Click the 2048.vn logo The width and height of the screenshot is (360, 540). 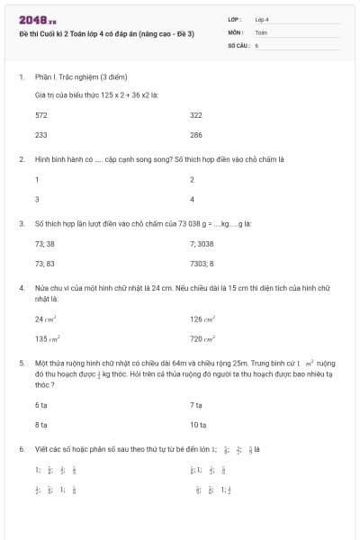coord(38,19)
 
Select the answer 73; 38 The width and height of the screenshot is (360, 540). coord(45,244)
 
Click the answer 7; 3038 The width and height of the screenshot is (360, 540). coord(202,244)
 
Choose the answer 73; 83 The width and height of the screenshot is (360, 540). coord(45,264)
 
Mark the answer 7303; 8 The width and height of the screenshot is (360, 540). coord(202,264)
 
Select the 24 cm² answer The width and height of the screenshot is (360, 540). coord(46,319)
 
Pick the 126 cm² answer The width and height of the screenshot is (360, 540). coord(202,319)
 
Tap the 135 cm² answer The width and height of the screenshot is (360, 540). coord(48,339)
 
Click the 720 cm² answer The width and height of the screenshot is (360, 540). coord(202,339)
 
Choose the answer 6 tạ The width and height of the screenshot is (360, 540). coord(40,405)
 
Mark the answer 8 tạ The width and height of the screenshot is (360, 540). coord(40,425)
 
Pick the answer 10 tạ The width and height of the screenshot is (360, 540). coord(198,425)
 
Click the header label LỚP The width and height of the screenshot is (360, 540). coord(235,19)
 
